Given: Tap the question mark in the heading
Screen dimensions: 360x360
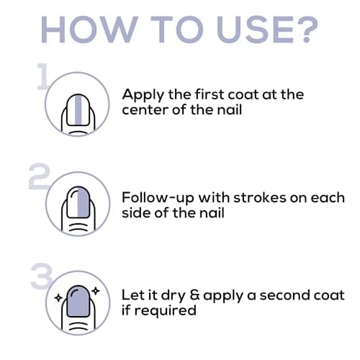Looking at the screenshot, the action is tap(307, 30).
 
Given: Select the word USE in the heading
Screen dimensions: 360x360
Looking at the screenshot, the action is tap(255, 30).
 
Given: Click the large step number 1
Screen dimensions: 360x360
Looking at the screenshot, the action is tap(42, 76).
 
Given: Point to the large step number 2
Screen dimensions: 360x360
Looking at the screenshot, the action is tap(39, 176).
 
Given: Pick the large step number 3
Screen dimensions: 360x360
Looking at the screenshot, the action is tap(42, 276).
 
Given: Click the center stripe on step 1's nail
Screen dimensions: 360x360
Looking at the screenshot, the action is tap(78, 110).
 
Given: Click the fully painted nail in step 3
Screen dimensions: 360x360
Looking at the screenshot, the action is tap(78, 301).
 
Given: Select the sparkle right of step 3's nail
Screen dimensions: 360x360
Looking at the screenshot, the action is tap(96, 291).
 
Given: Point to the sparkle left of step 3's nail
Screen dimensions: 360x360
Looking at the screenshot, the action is tap(58, 298).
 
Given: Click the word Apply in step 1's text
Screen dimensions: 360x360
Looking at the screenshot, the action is tap(143, 96).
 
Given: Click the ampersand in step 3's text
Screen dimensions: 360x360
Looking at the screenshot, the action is tap(194, 295).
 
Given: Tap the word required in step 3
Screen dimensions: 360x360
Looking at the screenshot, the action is tap(166, 311).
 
